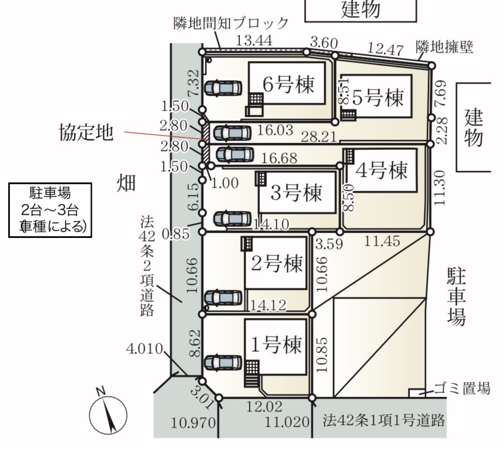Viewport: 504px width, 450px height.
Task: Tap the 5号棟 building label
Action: pos(377,97)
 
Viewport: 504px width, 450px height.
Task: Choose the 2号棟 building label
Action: pos(276,264)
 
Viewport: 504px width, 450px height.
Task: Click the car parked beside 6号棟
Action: pos(223,88)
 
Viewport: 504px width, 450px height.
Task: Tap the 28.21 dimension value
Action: pos(320,137)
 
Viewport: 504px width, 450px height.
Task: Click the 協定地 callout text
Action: pos(84,133)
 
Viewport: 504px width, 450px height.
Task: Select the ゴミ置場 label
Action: pos(462,389)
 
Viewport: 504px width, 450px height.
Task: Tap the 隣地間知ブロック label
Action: pos(230,23)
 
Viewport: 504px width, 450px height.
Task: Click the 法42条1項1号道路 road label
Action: pos(384,419)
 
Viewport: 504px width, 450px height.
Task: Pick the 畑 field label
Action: pos(125,184)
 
